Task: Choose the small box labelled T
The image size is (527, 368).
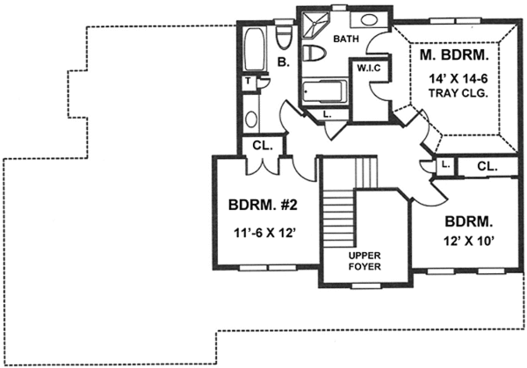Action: [x=249, y=81]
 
